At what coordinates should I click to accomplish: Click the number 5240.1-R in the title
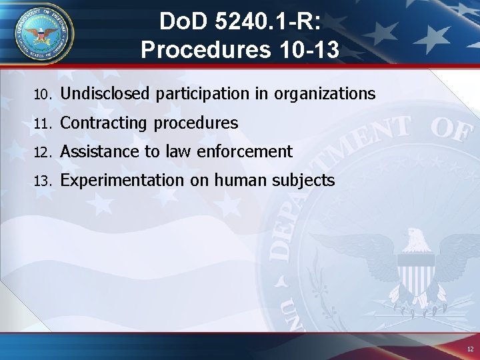click(269, 23)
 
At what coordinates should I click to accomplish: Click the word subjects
click(301, 181)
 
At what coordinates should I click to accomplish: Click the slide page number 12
click(470, 349)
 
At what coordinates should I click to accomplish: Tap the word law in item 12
click(177, 152)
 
